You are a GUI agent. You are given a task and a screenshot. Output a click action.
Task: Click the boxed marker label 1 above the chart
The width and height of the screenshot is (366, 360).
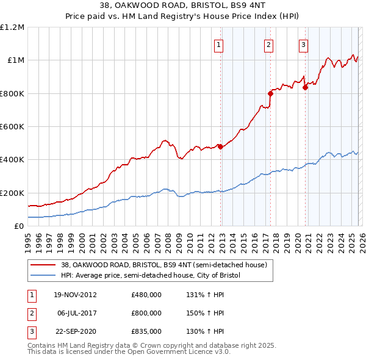(x=218, y=43)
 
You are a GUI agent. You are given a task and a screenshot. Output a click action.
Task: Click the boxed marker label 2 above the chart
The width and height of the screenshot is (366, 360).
(x=268, y=43)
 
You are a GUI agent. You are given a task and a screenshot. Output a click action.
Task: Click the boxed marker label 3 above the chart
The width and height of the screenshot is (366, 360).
(x=303, y=43)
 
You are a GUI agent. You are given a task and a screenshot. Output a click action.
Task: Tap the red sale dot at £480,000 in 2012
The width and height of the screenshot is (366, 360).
(x=220, y=146)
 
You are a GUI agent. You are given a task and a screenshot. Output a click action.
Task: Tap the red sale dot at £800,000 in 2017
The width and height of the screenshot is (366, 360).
(x=270, y=93)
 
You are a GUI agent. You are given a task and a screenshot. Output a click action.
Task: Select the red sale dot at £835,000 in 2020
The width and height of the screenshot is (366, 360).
(x=305, y=87)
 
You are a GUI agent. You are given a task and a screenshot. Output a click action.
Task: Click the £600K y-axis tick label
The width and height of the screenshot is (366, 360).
(x=12, y=127)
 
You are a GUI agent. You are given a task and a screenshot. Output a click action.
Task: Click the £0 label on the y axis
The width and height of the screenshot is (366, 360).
(x=18, y=226)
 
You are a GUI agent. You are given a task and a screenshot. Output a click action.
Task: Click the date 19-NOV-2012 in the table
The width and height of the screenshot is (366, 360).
(x=75, y=295)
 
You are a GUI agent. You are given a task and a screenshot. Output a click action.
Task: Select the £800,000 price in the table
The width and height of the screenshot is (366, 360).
(x=146, y=313)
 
